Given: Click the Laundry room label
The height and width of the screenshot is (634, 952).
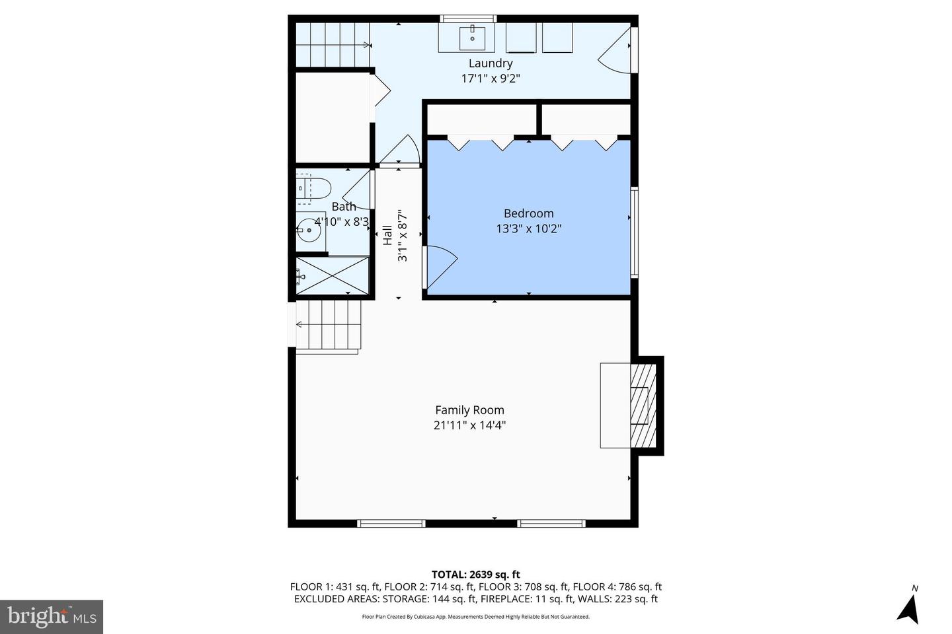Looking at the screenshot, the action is click(491, 63).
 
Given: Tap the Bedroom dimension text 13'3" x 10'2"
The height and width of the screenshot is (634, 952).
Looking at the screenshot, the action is click(529, 229).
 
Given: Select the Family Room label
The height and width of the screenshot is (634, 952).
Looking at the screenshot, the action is click(469, 409).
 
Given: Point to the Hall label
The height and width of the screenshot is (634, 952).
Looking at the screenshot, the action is click(387, 235).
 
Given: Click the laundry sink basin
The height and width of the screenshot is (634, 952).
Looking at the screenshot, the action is click(472, 38).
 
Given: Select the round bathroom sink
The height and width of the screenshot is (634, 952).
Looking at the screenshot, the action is click(309, 230).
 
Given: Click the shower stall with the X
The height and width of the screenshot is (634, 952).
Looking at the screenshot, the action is click(333, 275).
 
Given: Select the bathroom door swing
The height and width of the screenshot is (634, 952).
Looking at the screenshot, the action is click(356, 190).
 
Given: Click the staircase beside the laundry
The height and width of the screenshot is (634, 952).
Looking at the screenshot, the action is click(333, 45).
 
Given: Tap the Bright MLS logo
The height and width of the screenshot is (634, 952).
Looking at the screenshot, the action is click(52, 617).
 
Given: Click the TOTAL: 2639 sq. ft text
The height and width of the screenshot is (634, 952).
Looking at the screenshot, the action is click(475, 575).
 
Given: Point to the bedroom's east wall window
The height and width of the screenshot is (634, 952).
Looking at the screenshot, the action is click(634, 232).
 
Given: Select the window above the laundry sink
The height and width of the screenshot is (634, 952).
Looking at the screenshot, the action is click(468, 18).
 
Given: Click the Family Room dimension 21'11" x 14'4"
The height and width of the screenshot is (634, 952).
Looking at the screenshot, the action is click(469, 425).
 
